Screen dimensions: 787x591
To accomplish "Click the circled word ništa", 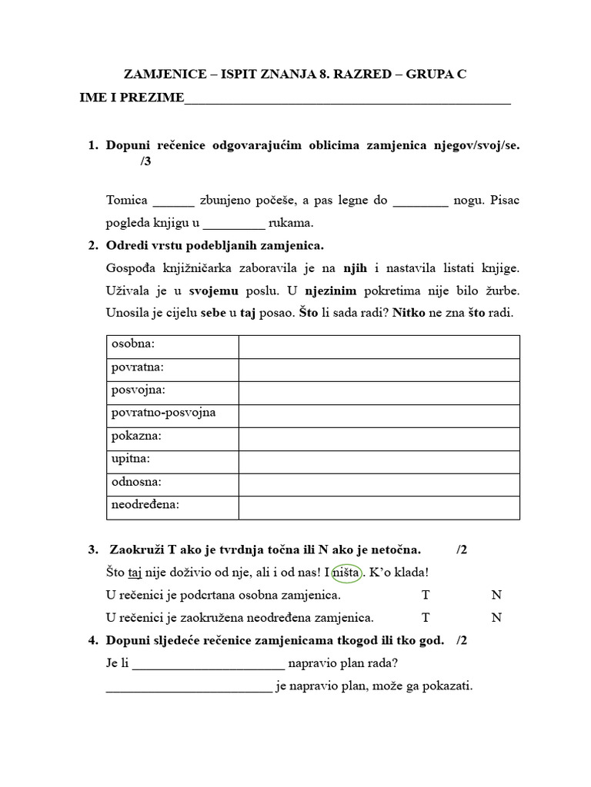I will (346, 573).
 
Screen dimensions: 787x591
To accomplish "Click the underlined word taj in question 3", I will (136, 573).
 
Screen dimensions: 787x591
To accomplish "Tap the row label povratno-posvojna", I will (163, 413).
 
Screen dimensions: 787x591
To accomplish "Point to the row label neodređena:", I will (145, 505).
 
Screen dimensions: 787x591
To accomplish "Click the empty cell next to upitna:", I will (379, 460).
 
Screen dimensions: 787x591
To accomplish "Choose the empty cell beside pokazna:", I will (379, 437).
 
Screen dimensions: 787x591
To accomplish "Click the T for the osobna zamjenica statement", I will (426, 595).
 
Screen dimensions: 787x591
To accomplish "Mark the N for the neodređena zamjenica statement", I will (496, 617).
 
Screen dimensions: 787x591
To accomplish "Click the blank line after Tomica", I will (173, 201).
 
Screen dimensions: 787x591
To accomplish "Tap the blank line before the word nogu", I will (419, 201).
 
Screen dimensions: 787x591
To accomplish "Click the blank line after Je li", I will (209, 664).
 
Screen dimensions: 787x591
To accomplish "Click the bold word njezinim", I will (334, 291).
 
